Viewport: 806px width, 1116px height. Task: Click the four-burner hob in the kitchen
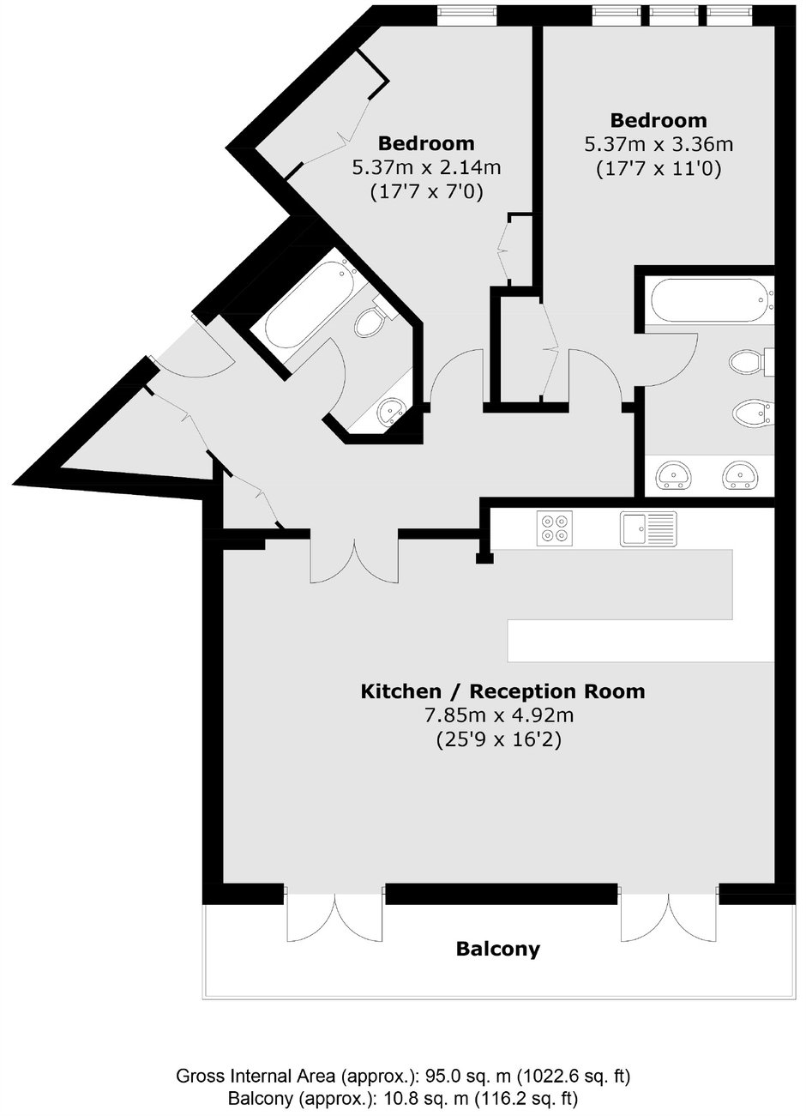pos(555,528)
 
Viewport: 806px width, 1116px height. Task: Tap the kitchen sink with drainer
pos(648,528)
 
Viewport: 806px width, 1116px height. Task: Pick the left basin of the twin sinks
pos(674,474)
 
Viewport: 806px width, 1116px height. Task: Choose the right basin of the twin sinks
pos(740,474)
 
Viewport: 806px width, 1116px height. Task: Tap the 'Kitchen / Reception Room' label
pos(502,691)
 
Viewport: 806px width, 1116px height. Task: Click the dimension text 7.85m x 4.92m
pos(499,716)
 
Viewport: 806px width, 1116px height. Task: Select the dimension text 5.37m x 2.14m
pos(427,167)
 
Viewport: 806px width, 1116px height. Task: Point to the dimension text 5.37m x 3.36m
pos(659,144)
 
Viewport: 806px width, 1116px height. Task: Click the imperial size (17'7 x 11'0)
pos(659,169)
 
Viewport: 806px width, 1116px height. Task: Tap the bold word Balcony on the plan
pos(498,949)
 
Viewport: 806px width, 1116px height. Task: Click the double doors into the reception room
pos(354,558)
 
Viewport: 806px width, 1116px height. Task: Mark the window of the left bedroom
pos(466,15)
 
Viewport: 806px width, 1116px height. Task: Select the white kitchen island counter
pos(641,641)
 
